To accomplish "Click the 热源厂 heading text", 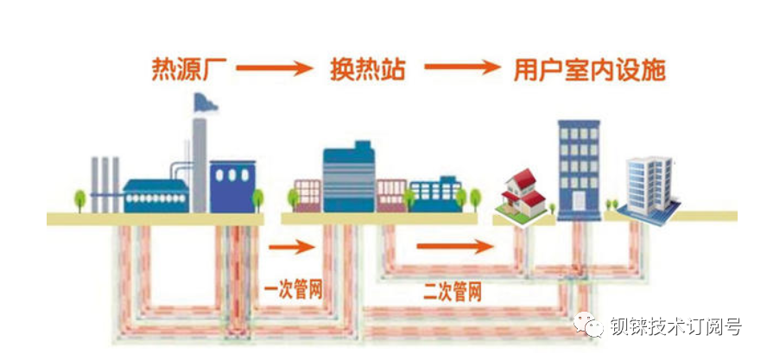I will point(189,69).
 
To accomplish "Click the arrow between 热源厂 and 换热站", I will point(274,69).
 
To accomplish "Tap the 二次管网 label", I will point(453,293).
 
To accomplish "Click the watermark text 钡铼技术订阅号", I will point(675,326).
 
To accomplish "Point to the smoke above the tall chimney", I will point(205,100).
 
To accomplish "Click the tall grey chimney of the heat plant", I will point(200,164).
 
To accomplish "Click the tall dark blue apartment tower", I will point(580,168).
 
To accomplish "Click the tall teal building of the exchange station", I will point(349,178).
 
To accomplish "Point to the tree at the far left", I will point(80,200).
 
